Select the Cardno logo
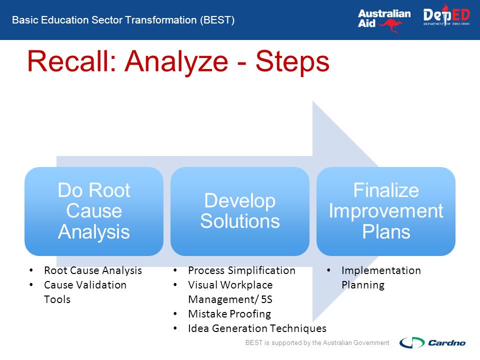432,342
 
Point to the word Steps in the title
292,63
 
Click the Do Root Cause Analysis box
94,211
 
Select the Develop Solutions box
240,211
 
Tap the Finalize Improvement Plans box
386,211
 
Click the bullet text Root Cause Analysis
93,270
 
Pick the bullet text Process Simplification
242,270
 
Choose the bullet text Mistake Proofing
229,314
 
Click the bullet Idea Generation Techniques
257,328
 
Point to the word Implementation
381,270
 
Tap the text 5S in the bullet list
266,299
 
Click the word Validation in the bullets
101,284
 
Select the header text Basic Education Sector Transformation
104,20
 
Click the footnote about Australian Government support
317,342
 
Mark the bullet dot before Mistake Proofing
175,314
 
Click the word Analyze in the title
176,63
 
